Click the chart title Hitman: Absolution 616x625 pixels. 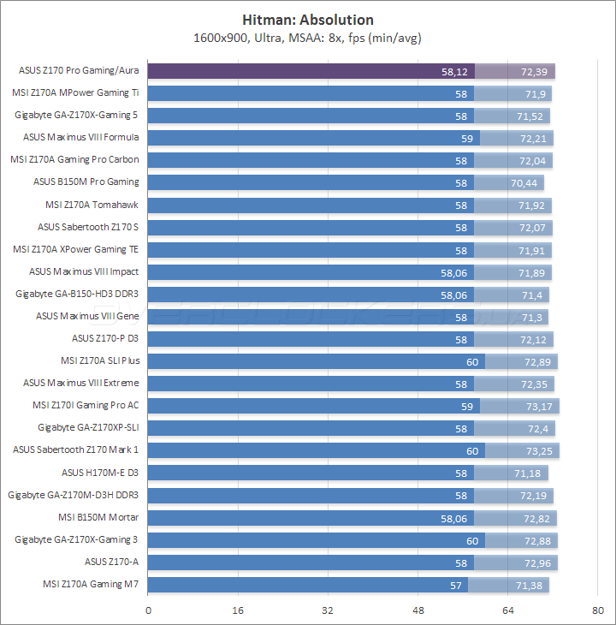(x=308, y=20)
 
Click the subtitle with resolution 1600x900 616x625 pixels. (x=308, y=38)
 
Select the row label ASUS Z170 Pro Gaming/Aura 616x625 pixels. (x=79, y=70)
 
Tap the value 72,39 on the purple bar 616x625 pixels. (x=526, y=71)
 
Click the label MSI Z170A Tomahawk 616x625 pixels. (x=92, y=205)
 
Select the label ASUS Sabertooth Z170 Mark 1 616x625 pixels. (x=75, y=449)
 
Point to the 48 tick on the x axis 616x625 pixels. (x=418, y=610)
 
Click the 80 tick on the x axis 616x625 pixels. (x=598, y=610)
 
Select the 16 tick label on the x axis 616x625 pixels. (x=239, y=610)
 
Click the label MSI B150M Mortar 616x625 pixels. (x=98, y=517)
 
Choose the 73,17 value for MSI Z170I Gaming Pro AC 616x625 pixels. (x=532, y=406)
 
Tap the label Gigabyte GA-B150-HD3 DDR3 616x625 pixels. (x=77, y=294)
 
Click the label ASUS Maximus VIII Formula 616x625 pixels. (x=81, y=137)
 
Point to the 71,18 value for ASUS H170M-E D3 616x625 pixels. (x=521, y=473)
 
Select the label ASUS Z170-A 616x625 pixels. (x=111, y=562)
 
